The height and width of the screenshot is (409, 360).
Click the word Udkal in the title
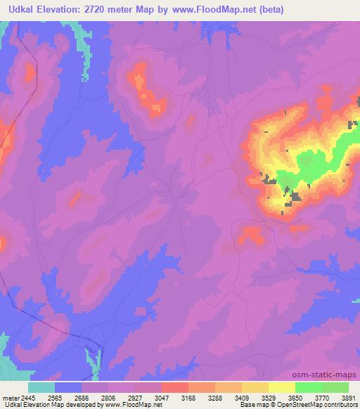point(18,9)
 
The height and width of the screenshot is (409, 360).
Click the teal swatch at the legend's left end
point(41,387)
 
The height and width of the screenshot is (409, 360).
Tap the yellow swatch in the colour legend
point(281,387)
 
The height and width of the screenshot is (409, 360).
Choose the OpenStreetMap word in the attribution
point(305,404)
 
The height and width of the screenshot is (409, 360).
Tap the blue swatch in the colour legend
point(68,387)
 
